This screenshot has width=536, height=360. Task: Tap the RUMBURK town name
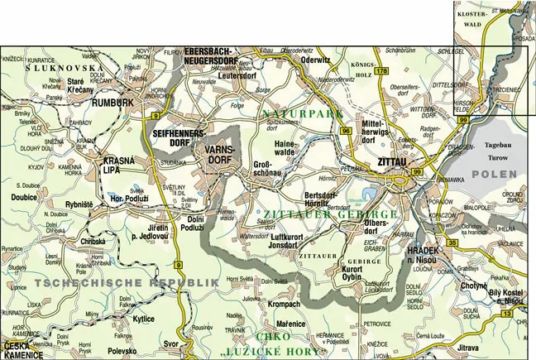112,103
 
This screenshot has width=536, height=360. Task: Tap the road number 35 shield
452,242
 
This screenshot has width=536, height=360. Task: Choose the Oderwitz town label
317,60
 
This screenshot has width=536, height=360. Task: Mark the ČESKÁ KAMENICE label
23,350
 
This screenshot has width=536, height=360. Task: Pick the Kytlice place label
143,318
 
